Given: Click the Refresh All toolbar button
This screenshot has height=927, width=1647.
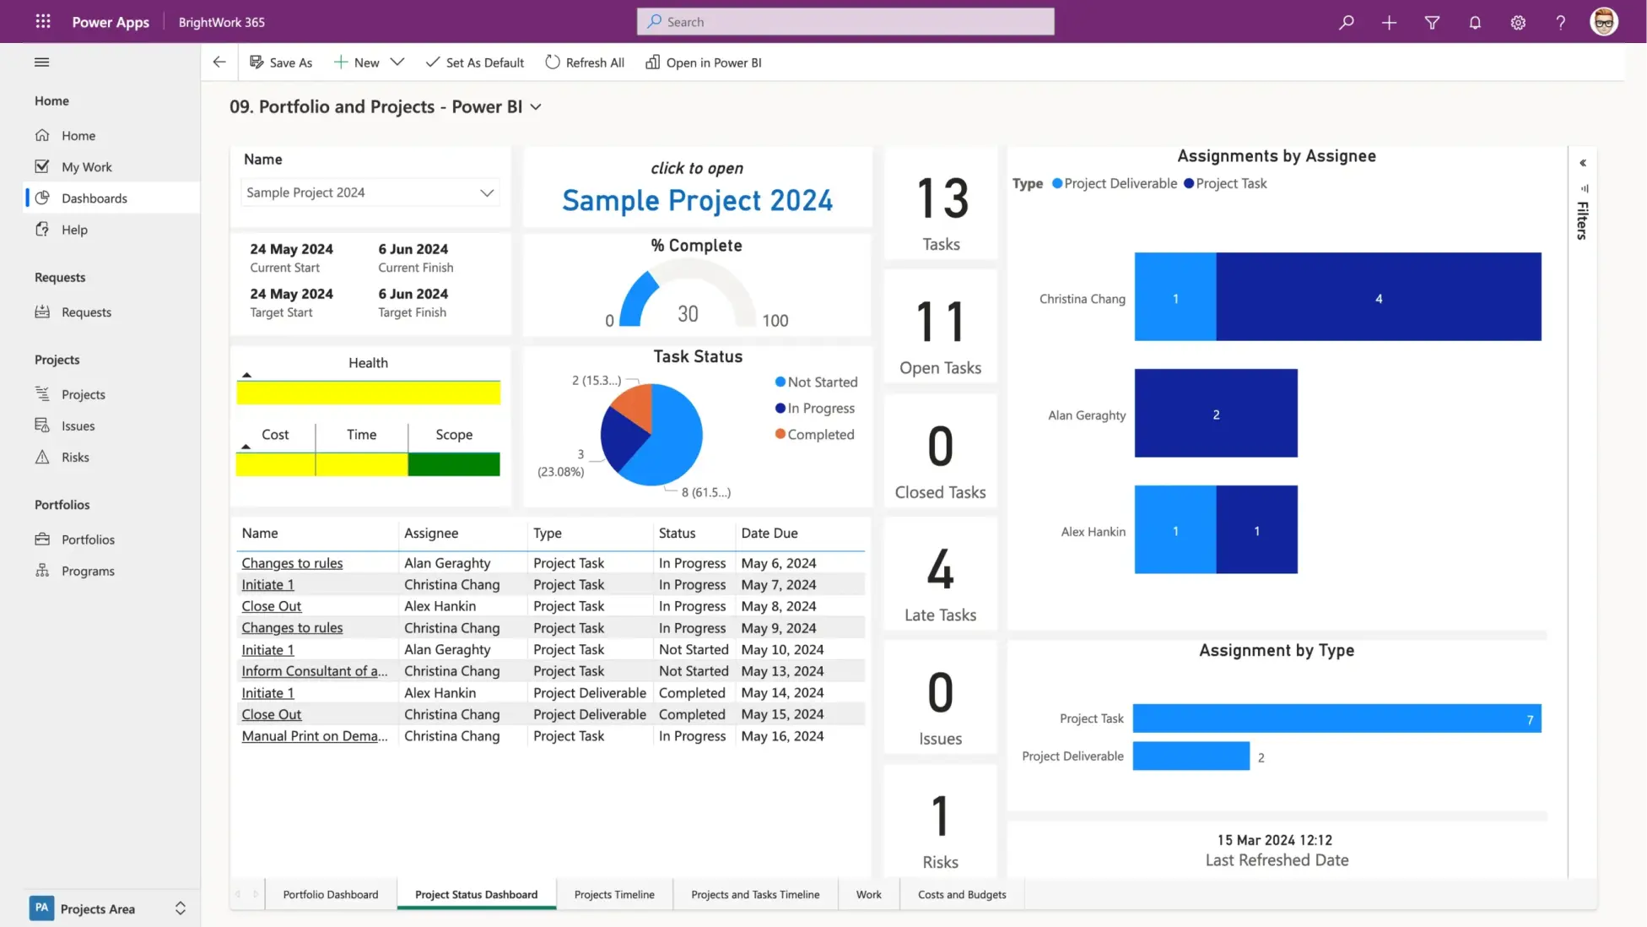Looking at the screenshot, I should (585, 62).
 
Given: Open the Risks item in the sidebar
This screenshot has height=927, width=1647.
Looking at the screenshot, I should (74, 457).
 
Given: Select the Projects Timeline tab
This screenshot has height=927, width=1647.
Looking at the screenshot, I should (613, 894).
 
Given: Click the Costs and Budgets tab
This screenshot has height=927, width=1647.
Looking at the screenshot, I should (961, 894).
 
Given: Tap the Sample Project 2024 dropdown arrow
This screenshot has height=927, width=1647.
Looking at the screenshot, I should (486, 192).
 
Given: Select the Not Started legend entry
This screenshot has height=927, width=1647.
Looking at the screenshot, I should (816, 382).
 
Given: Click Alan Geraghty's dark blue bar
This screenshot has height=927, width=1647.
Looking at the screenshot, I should (1215, 414).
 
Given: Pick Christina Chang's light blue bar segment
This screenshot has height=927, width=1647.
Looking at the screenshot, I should (1174, 297).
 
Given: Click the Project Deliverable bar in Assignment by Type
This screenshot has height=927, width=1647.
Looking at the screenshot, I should (1190, 756).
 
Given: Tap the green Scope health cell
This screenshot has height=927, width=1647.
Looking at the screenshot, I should (454, 464).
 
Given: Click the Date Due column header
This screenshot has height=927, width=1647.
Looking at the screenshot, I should (769, 533).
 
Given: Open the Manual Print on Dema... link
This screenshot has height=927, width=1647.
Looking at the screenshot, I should (314, 735).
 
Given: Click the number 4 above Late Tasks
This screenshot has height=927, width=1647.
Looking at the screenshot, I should (940, 570).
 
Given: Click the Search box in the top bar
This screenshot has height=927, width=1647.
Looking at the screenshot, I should (845, 22).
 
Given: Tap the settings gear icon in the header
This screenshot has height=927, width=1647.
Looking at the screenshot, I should (1517, 23).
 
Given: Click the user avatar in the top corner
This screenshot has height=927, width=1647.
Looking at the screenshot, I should (1603, 22).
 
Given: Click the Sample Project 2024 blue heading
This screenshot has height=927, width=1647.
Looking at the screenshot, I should (697, 200).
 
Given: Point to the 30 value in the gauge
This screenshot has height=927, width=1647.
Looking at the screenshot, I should (688, 314).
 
